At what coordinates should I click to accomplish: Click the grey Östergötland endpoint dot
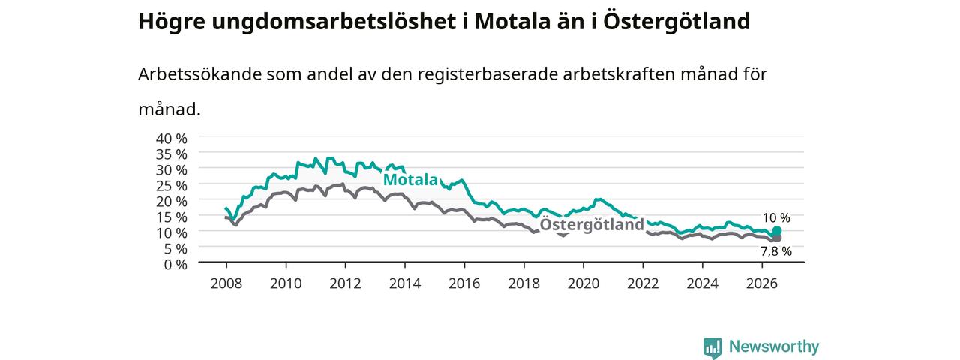(776, 238)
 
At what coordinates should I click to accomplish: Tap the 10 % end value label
(776, 218)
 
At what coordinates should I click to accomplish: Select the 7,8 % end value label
(776, 251)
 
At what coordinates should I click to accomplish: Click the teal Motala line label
(410, 179)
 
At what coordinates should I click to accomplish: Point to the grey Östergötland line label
(592, 224)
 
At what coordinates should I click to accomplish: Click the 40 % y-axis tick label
(172, 139)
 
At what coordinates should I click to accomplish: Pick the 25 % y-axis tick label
(172, 185)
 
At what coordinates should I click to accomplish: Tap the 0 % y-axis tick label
(175, 265)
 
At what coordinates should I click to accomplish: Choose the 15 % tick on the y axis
(172, 217)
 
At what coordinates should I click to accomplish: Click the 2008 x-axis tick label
(226, 283)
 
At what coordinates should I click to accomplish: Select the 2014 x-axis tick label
(405, 283)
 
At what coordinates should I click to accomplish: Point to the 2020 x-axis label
(583, 283)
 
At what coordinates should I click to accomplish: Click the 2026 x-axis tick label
(762, 283)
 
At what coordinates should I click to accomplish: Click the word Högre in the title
(172, 22)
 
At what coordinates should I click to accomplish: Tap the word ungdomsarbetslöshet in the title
(334, 22)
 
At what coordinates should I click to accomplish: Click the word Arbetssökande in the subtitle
(199, 74)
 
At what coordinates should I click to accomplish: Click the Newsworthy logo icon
(712, 347)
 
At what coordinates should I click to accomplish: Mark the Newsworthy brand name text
(774, 346)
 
